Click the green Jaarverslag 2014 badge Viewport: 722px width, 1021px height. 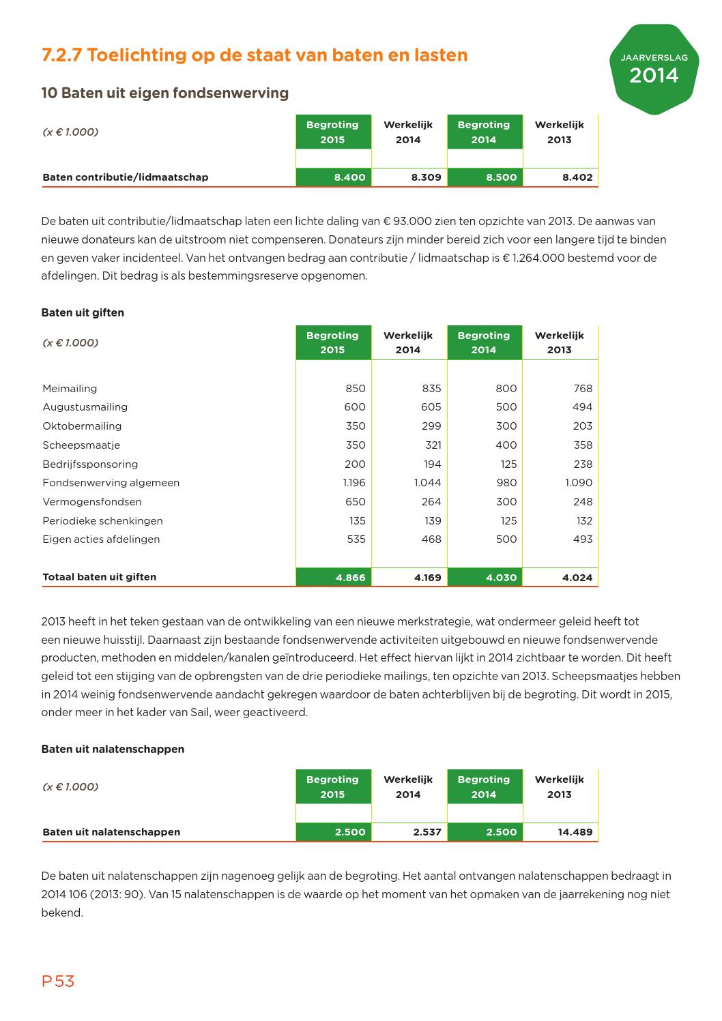[654, 69]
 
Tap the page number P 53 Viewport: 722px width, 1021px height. [58, 981]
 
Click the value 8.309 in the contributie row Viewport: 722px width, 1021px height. [426, 177]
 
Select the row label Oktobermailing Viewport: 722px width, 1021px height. [82, 426]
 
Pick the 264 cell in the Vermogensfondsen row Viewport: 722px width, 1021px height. [431, 502]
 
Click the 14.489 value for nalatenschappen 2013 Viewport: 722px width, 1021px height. [575, 832]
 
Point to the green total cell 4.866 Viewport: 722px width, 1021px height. [350, 578]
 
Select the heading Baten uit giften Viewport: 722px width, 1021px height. [83, 312]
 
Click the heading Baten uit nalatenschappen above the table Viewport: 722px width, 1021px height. [113, 749]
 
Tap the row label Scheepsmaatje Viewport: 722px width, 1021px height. [81, 445]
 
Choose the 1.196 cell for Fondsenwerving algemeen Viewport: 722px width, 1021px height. [353, 483]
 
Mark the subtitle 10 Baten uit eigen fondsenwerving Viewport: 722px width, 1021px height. [164, 93]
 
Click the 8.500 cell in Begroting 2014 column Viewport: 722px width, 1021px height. [501, 177]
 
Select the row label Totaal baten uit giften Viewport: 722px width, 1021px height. [99, 577]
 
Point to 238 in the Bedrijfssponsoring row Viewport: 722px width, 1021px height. [583, 464]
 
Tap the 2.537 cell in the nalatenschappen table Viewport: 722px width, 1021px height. [427, 832]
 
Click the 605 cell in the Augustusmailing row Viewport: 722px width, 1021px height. [431, 407]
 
